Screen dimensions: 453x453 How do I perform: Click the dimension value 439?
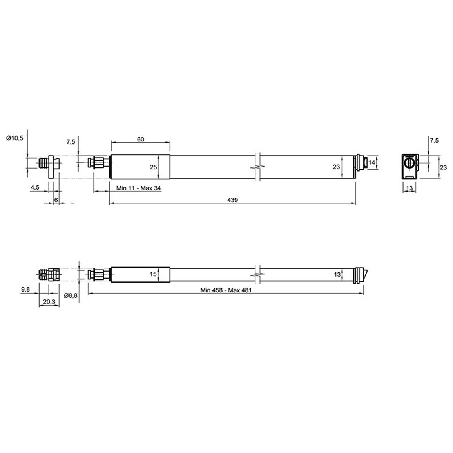(x=232, y=200)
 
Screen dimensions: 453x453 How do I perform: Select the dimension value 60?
(x=140, y=139)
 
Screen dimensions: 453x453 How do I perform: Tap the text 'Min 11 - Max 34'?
(x=138, y=188)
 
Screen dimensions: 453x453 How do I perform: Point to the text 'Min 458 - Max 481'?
(x=226, y=290)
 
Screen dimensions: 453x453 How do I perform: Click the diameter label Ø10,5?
(x=14, y=138)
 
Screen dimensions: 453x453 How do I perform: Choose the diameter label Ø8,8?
(x=71, y=295)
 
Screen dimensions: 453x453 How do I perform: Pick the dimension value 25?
(x=153, y=167)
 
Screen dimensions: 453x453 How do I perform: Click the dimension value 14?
(x=371, y=163)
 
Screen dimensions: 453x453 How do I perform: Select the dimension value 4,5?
(x=35, y=187)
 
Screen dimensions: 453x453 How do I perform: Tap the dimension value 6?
(x=56, y=200)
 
